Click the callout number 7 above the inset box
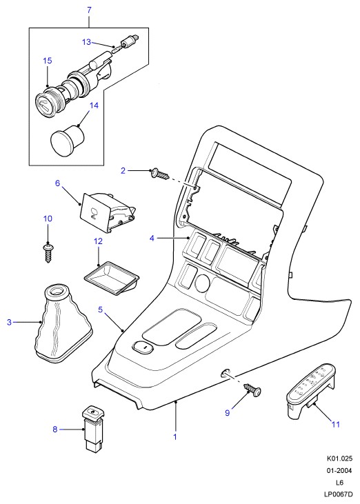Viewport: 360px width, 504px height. pyautogui.click(x=89, y=10)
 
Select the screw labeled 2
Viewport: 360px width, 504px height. pyautogui.click(x=159, y=174)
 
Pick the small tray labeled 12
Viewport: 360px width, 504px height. pyautogui.click(x=112, y=278)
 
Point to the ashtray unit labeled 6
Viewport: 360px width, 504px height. pyautogui.click(x=108, y=211)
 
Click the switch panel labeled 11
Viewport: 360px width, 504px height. pyautogui.click(x=310, y=392)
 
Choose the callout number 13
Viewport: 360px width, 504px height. pyautogui.click(x=86, y=42)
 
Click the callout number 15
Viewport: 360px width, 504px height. pyautogui.click(x=48, y=61)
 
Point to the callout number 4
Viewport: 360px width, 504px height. pyautogui.click(x=152, y=238)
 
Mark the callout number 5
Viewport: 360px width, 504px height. pyautogui.click(x=101, y=310)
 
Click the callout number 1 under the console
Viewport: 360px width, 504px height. pyautogui.click(x=175, y=437)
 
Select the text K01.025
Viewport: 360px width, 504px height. pyautogui.click(x=340, y=458)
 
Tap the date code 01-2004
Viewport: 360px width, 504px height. pyautogui.click(x=340, y=471)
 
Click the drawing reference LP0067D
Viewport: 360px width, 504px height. pyautogui.click(x=339, y=494)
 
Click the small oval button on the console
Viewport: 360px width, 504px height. pyautogui.click(x=143, y=347)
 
